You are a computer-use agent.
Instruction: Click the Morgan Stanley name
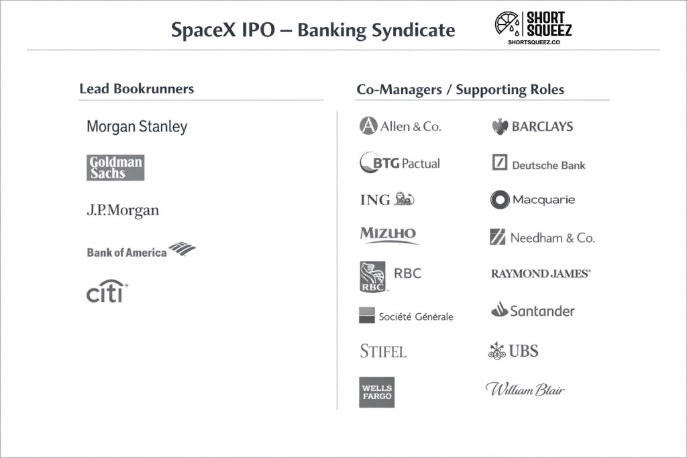pos(137,127)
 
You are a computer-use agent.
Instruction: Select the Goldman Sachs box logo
pos(115,168)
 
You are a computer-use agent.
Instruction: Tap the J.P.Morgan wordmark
pos(123,211)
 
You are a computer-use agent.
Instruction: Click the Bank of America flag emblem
pos(182,249)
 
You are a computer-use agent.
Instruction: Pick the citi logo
pos(107,293)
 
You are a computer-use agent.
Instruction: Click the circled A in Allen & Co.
pos(368,126)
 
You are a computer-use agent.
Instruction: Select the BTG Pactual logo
pos(400,163)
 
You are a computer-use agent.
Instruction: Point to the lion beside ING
pos(404,199)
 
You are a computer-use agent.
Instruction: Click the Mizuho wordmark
pos(388,235)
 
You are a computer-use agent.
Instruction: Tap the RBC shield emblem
pos(373,277)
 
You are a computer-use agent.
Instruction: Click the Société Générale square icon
pos(367,315)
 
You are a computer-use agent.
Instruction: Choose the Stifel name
pos(383,351)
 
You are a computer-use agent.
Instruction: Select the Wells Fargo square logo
pos(376,392)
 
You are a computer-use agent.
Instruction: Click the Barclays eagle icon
pos(500,127)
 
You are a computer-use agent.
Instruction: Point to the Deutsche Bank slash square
pos(500,162)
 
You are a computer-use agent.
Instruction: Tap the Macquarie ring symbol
pos(500,200)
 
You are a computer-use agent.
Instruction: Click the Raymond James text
pos(541,274)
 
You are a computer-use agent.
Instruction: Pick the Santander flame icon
pos(499,310)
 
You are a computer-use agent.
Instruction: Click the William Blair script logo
pos(525,389)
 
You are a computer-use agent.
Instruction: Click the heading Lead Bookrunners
pos(136,89)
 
